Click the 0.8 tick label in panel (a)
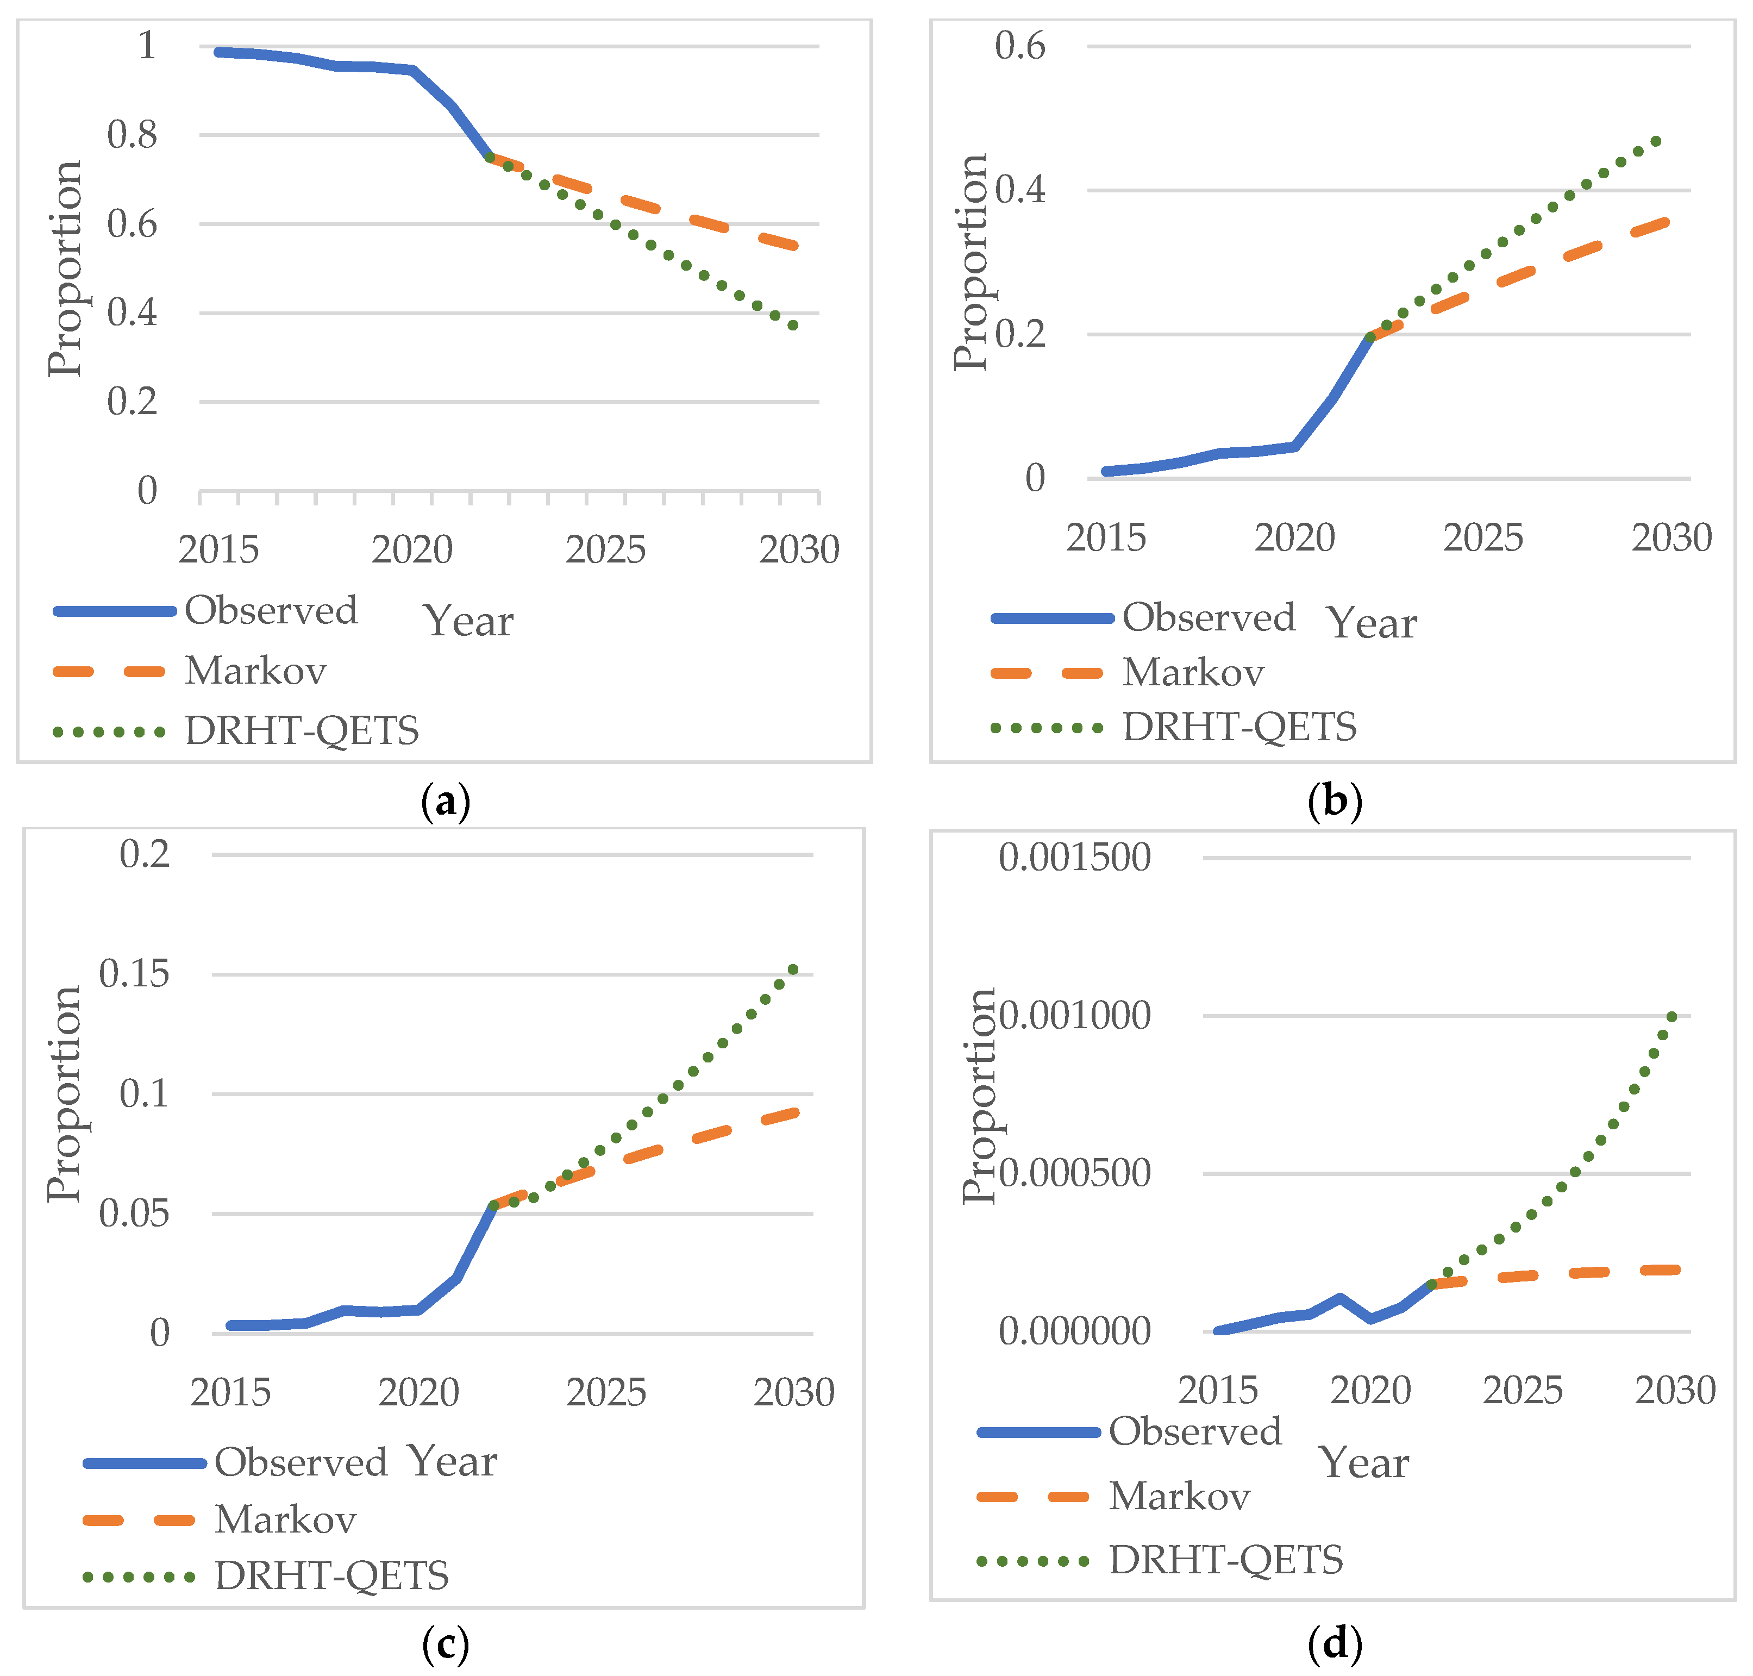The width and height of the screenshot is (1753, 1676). point(132,135)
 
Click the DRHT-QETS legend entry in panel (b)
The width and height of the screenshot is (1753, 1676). point(1238,727)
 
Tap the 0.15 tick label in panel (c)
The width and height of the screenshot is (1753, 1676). point(134,974)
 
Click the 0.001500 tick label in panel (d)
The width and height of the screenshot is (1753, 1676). point(1074,858)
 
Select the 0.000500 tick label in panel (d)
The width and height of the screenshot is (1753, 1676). point(1074,1173)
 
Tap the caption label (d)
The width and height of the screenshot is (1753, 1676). point(1334,1643)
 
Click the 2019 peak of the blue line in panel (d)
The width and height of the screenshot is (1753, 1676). point(1340,1297)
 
